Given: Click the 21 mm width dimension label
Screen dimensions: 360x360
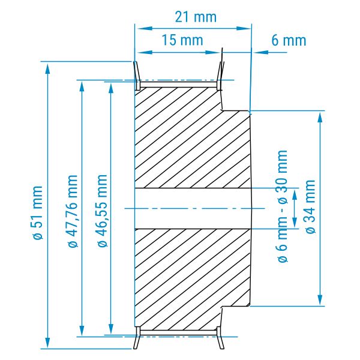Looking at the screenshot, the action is click(196, 17).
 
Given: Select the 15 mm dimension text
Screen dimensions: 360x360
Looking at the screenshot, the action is click(182, 40).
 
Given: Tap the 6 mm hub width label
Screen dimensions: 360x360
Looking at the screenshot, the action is click(289, 40).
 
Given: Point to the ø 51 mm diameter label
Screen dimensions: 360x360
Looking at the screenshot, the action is click(37, 213).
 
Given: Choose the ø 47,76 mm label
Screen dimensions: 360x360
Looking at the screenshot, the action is click(73, 211).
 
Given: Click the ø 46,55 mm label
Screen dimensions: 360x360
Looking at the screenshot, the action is click(103, 211).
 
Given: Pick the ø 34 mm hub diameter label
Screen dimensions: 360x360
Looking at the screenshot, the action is click(310, 206).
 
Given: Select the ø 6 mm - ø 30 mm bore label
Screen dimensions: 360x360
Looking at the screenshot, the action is click(283, 206).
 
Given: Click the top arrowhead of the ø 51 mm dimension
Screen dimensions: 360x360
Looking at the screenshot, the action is click(47, 68).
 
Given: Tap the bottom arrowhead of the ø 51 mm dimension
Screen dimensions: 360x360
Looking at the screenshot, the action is click(47, 343).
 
